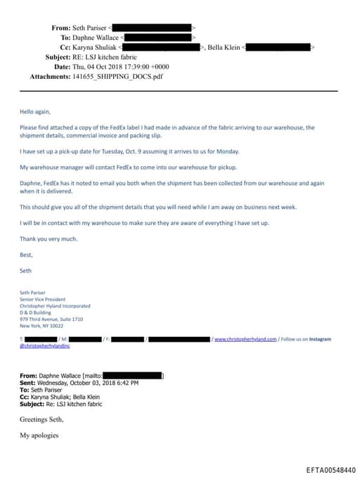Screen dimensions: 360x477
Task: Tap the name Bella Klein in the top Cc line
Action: click(x=225, y=47)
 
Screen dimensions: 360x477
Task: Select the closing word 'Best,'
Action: click(x=26, y=255)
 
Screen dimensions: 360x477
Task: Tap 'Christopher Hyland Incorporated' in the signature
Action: click(x=55, y=306)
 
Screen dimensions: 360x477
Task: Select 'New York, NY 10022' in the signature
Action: click(x=41, y=326)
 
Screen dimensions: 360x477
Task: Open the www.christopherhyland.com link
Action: click(x=245, y=339)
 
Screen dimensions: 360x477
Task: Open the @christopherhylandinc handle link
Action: click(x=45, y=346)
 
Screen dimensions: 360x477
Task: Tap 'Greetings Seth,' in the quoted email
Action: click(x=41, y=419)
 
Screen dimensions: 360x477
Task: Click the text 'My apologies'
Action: click(x=39, y=435)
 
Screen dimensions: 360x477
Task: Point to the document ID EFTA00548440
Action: click(x=330, y=469)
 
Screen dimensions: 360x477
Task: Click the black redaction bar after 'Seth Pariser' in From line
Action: click(x=150, y=28)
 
